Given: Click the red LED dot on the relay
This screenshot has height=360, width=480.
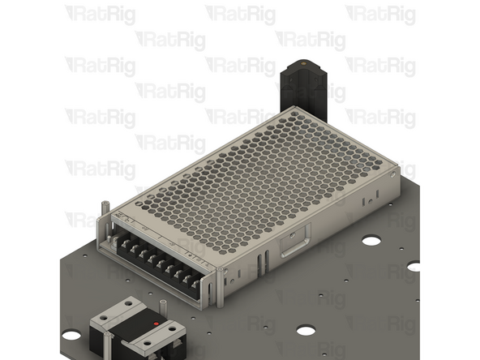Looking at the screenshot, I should click(x=156, y=324).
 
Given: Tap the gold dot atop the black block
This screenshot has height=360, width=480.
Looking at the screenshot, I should click(x=303, y=62).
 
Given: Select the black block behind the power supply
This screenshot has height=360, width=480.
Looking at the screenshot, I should click(x=301, y=89).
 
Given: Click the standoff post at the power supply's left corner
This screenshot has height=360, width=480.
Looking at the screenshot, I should click(x=104, y=213).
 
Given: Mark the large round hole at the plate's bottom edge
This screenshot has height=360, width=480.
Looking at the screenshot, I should click(x=306, y=330).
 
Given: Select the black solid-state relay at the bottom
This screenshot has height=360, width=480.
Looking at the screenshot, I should click(x=138, y=332).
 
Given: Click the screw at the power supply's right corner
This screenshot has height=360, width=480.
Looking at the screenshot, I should click(x=392, y=171).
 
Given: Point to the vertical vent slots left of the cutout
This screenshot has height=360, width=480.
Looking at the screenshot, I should click(x=262, y=261).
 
